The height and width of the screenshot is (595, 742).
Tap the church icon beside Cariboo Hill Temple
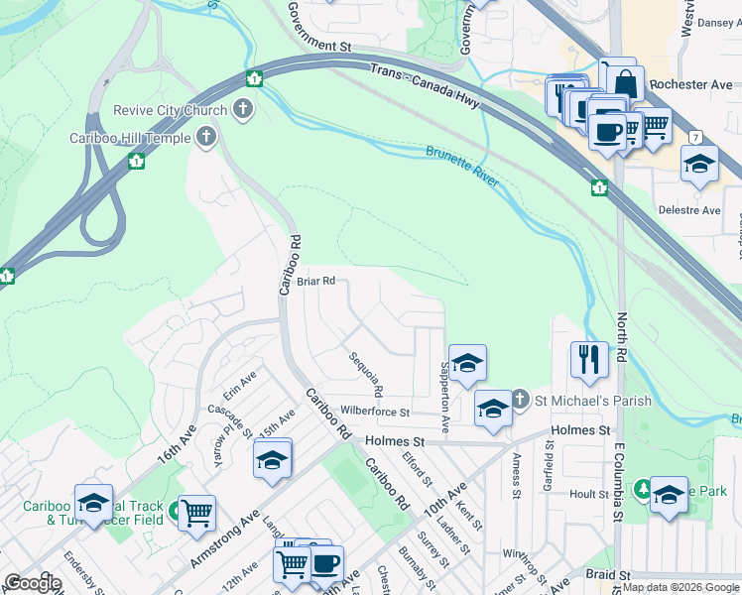[x=206, y=137]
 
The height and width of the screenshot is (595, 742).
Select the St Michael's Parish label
[x=593, y=401]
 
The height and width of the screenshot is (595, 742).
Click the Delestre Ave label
[x=689, y=210]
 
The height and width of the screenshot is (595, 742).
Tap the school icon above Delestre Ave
[x=699, y=165]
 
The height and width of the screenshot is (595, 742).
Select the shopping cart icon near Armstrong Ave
[x=197, y=513]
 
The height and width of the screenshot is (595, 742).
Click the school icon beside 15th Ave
[x=272, y=461]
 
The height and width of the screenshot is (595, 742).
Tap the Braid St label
[x=607, y=575]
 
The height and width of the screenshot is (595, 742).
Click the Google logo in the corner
[x=33, y=583]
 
